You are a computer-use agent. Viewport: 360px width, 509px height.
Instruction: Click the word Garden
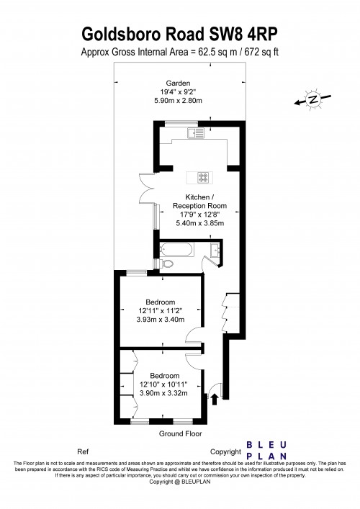tap(178, 83)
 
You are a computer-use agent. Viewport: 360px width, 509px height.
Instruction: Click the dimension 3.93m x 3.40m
tap(161, 320)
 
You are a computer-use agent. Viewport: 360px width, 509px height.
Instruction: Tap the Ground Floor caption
tap(180, 434)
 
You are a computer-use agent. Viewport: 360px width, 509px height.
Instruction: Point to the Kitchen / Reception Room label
tap(199, 202)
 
